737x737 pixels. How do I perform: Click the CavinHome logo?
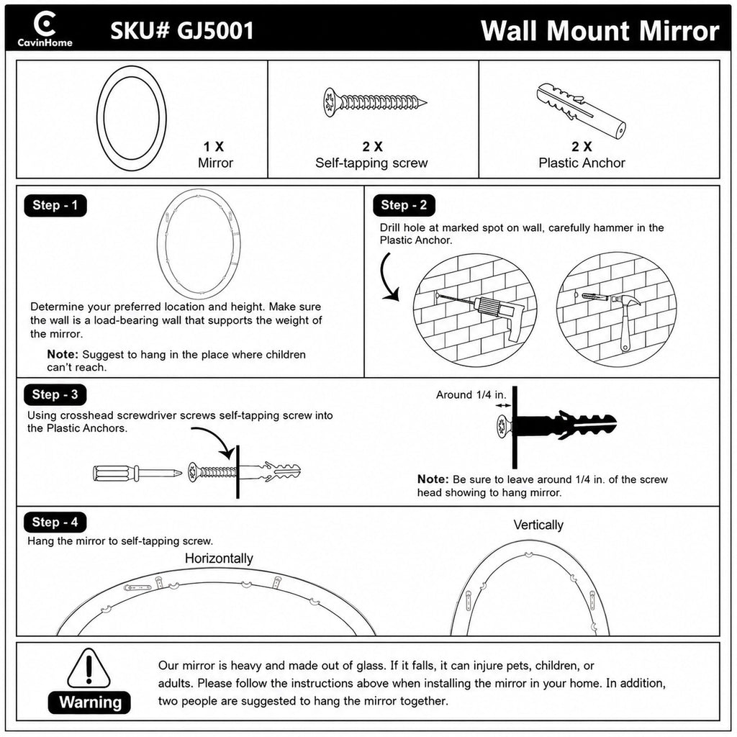click(x=45, y=29)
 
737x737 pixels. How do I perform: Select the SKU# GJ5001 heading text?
click(x=182, y=30)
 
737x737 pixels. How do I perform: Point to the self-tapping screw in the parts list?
click(x=374, y=102)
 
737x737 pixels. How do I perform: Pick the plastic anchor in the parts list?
click(x=581, y=111)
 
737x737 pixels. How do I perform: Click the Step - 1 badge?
click(x=55, y=205)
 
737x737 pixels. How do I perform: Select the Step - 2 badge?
click(x=404, y=205)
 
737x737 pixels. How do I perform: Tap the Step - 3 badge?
click(x=55, y=394)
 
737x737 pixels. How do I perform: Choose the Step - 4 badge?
click(x=55, y=523)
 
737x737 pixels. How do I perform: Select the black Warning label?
click(x=89, y=702)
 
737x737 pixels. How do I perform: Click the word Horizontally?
click(x=219, y=559)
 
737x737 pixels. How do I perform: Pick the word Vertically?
click(x=538, y=525)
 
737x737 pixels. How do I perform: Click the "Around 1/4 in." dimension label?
click(x=471, y=395)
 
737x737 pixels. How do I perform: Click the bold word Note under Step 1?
click(x=62, y=354)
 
